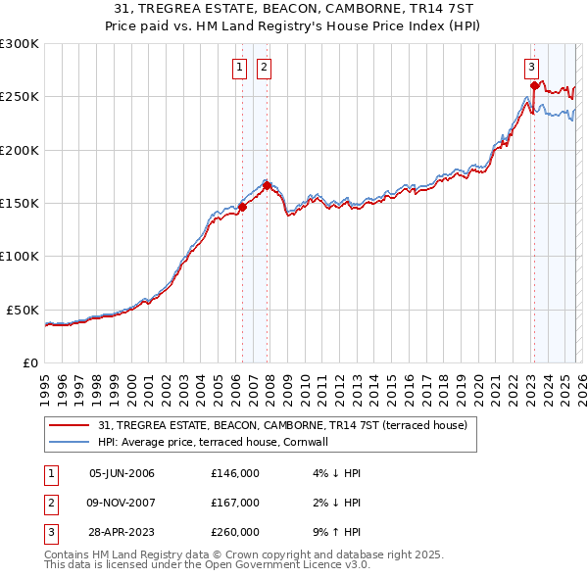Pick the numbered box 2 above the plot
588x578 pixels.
[x=265, y=68]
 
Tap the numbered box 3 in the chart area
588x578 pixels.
[x=531, y=68]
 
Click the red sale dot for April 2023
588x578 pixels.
[x=534, y=86]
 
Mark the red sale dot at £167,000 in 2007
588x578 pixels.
[x=267, y=185]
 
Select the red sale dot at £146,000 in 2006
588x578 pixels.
[x=242, y=207]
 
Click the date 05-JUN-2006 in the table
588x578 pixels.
[x=122, y=473]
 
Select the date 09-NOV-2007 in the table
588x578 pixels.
[x=122, y=503]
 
